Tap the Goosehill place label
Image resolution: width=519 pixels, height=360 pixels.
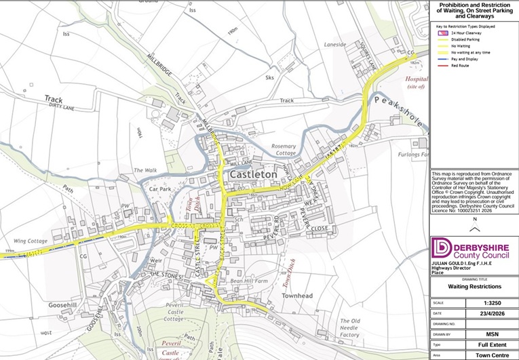64,305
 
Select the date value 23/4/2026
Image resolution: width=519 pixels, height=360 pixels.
494,313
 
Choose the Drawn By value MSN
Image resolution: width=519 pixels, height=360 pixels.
494,334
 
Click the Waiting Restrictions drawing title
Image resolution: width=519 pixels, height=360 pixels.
474,286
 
